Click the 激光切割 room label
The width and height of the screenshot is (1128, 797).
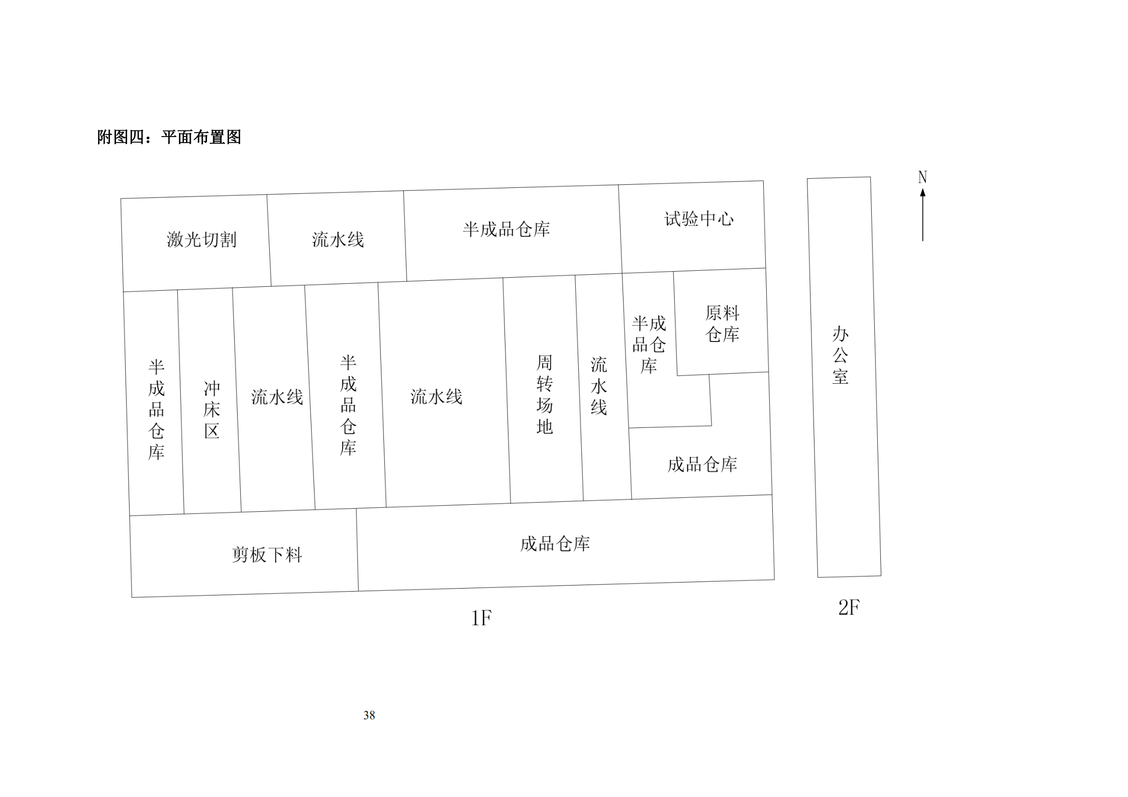coord(201,240)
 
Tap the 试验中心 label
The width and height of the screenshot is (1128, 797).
coord(699,219)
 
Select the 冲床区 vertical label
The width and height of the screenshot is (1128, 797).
coord(212,410)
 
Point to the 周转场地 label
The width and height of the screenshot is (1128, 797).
coord(544,395)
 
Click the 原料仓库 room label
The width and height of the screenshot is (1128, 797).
coord(722,323)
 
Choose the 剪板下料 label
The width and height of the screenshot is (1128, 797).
coord(267,554)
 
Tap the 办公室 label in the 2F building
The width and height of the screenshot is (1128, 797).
coord(840,355)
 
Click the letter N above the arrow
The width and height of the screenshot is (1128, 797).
coord(922,177)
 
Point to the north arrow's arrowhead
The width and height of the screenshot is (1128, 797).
coord(922,192)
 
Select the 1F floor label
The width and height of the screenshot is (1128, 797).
coord(481,618)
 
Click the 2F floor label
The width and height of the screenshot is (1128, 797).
coord(849,608)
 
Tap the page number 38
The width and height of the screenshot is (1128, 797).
coord(369,715)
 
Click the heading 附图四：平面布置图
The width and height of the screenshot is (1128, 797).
coord(169,137)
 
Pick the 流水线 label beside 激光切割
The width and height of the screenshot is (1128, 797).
coord(338,240)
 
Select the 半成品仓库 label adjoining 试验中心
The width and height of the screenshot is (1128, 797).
coord(506,230)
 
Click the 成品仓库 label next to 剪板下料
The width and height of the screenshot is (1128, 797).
coord(555,543)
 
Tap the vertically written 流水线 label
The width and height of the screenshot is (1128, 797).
coord(598,386)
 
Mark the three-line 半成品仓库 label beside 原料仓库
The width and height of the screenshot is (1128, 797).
coord(649,345)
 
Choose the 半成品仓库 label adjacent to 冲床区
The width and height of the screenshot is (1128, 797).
coord(156,410)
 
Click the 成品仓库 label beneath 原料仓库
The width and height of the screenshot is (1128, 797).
coord(702,465)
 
